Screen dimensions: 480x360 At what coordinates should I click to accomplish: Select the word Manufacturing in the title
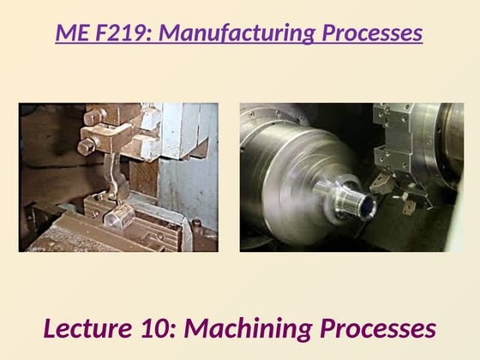(237, 33)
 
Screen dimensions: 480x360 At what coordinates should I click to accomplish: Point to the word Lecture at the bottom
(87, 328)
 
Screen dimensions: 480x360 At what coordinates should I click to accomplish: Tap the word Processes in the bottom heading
(378, 328)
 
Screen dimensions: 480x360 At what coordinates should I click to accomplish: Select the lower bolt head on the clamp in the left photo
(87, 147)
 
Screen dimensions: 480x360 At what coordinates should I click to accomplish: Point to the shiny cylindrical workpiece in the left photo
(119, 216)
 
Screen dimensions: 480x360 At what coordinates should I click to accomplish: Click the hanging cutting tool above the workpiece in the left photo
(115, 176)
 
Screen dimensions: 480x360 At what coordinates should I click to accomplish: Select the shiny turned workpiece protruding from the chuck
(345, 198)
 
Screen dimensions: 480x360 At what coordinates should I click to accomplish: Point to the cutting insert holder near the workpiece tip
(381, 182)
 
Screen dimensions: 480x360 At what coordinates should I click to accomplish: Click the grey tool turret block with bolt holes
(394, 138)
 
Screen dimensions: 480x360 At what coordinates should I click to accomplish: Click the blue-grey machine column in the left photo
(187, 162)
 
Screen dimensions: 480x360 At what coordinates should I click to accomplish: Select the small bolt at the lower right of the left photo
(196, 224)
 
